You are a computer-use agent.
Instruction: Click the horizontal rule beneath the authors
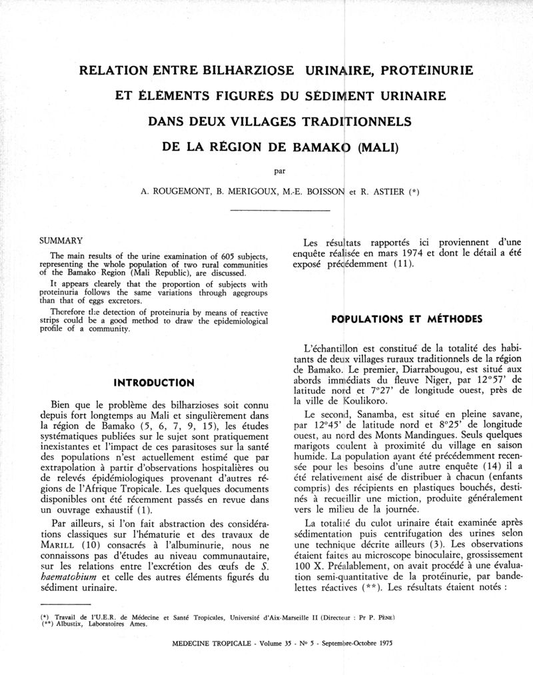(x=280, y=210)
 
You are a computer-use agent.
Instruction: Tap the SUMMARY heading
(x=61, y=241)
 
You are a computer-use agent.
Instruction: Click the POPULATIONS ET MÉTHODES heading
(x=406, y=319)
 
